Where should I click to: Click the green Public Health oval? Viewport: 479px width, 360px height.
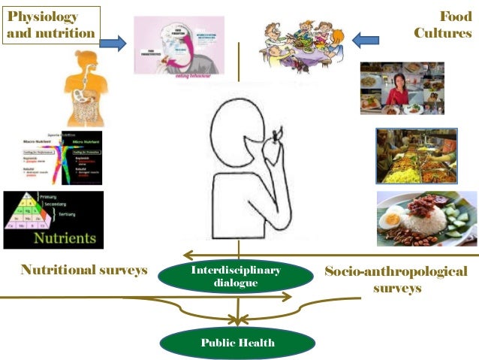pyautogui.click(x=237, y=342)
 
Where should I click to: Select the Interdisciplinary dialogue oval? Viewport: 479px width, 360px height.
pyautogui.click(x=236, y=277)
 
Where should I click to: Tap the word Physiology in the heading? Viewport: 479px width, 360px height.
pyautogui.click(x=42, y=16)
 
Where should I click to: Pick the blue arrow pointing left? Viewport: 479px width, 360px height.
pyautogui.click(x=367, y=39)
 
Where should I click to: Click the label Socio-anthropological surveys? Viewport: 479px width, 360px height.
pyautogui.click(x=395, y=279)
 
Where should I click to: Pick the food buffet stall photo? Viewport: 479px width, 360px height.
pyautogui.click(x=415, y=156)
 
